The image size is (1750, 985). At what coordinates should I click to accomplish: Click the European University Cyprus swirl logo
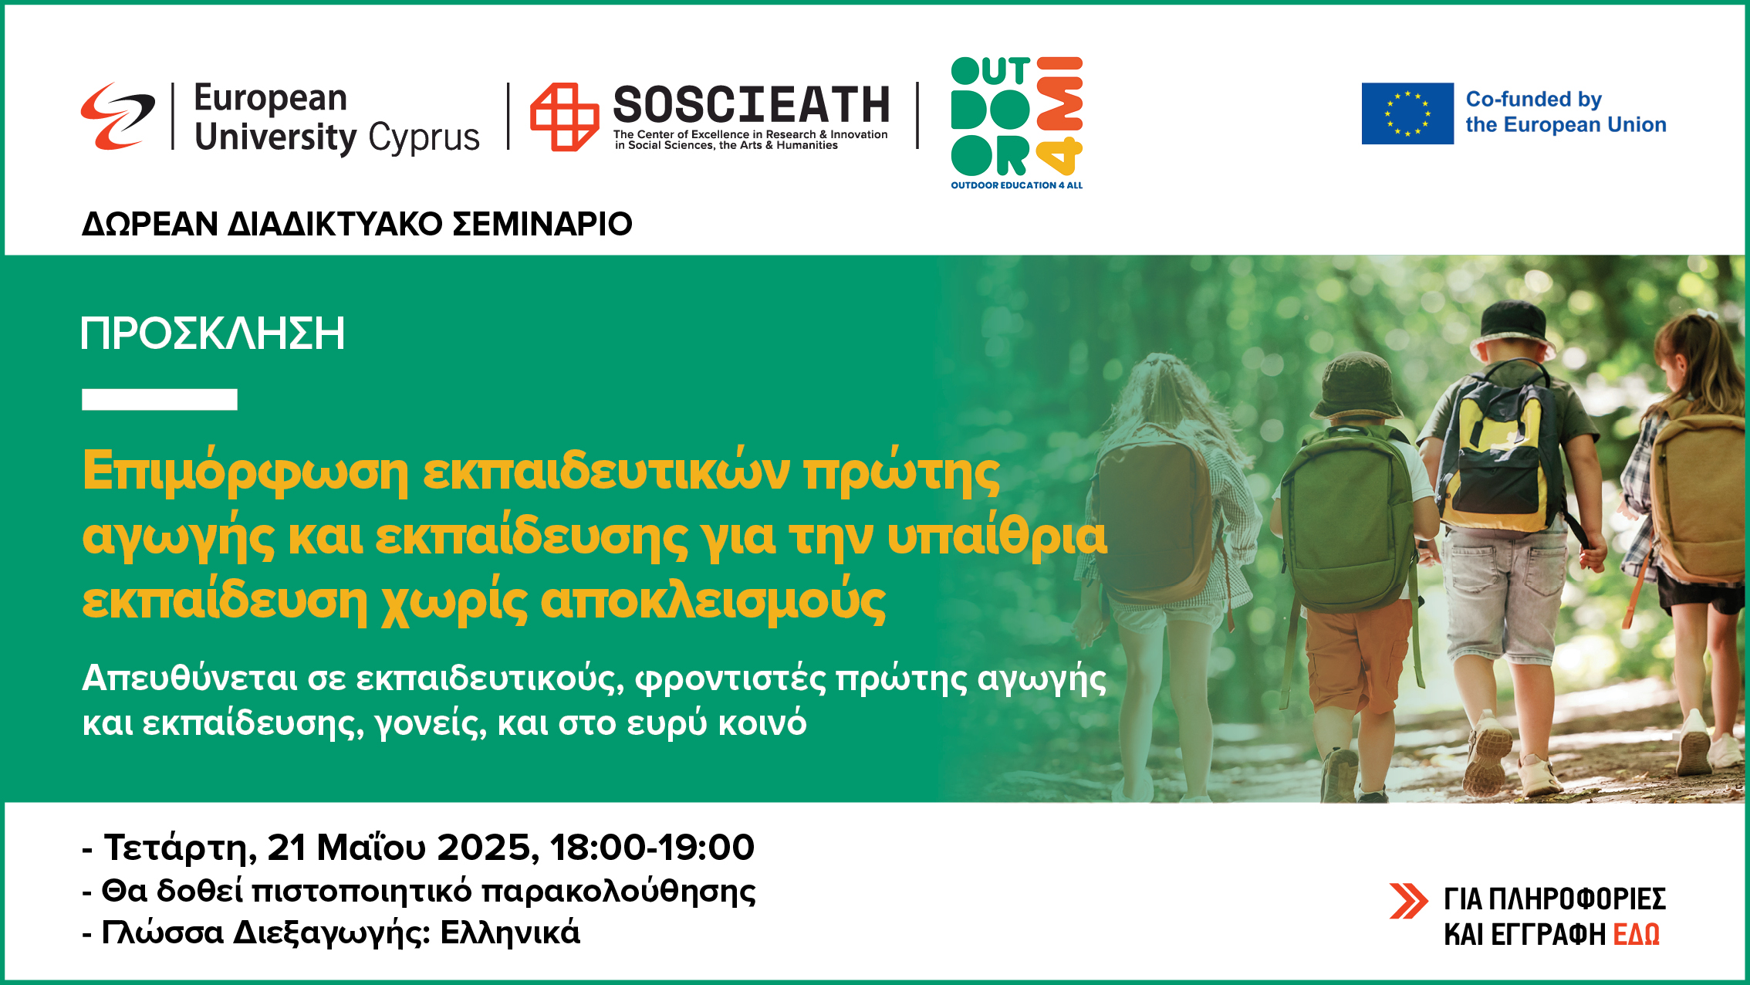(x=117, y=116)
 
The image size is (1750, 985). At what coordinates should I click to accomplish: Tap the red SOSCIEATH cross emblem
(x=564, y=117)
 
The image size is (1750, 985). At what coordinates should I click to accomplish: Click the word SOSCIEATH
(x=752, y=104)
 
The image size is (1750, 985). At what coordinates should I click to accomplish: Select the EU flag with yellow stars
(x=1407, y=113)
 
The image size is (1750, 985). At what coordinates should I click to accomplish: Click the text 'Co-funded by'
(x=1534, y=100)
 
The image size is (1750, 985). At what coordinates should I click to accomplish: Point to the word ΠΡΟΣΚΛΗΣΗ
(x=213, y=333)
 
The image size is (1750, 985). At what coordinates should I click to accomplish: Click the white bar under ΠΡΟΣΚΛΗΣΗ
(x=160, y=399)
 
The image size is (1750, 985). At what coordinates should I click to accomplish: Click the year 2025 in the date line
(x=488, y=848)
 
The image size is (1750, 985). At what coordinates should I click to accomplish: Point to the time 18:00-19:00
(x=653, y=847)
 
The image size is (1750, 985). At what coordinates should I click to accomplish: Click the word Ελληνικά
(x=510, y=933)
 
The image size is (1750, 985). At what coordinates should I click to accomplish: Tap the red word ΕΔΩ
(x=1637, y=934)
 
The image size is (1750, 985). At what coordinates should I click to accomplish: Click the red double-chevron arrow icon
(x=1408, y=901)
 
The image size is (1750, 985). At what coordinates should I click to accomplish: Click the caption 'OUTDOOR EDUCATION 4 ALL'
(x=1017, y=185)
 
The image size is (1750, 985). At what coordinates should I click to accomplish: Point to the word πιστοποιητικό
(x=362, y=892)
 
